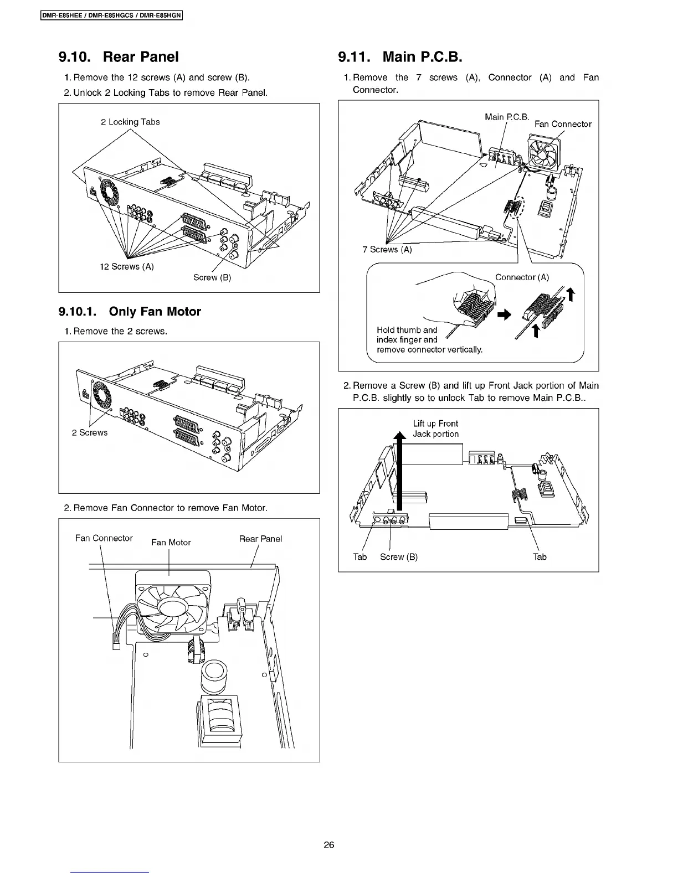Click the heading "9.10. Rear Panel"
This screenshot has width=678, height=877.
pos(119,56)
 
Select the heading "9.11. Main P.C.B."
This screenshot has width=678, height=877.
pos(399,56)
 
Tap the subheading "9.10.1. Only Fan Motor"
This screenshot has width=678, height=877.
pos(130,311)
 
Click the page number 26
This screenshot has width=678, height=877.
pos(329,845)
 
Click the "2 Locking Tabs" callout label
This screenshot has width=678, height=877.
pos(130,122)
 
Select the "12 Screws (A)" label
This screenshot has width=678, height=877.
pos(127,266)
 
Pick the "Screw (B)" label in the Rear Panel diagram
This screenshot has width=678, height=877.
pos(212,277)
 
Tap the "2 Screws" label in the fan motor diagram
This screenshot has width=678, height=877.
pos(90,432)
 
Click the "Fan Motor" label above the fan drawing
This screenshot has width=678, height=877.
pos(171,543)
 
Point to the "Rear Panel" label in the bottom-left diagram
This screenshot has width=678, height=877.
pos(260,539)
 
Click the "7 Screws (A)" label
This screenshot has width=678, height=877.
pos(387,250)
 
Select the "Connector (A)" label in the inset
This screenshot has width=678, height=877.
pos(522,277)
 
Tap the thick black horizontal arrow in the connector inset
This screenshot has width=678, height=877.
pos(504,314)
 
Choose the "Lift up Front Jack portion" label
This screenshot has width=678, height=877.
pos(435,429)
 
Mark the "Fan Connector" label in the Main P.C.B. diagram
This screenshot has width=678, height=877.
pos(563,124)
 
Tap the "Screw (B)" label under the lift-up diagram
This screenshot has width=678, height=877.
pos(399,557)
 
